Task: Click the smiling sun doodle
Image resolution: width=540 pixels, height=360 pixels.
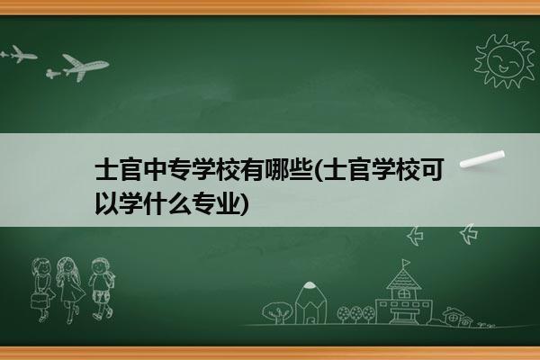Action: pos(505,60)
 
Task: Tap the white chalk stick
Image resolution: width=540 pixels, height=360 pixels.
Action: pos(482,159)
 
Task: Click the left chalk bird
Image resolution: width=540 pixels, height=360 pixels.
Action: pos(415,236)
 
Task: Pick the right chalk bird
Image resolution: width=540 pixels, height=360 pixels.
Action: pos(469,234)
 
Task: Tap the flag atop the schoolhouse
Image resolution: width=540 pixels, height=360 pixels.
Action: pos(406,263)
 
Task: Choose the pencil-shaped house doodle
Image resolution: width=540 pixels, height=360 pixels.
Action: pos(310,302)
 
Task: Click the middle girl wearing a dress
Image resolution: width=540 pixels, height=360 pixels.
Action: pos(70,290)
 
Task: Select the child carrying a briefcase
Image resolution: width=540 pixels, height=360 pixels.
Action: pos(42,290)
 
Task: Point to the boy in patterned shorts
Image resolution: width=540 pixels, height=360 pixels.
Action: pos(101,288)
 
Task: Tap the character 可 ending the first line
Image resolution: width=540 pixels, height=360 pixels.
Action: pos(431,170)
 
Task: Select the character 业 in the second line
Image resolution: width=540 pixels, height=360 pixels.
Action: pos(228,203)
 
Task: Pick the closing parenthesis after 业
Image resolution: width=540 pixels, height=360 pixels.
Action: pos(244,203)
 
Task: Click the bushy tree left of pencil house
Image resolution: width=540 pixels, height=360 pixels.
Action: pos(276,312)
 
